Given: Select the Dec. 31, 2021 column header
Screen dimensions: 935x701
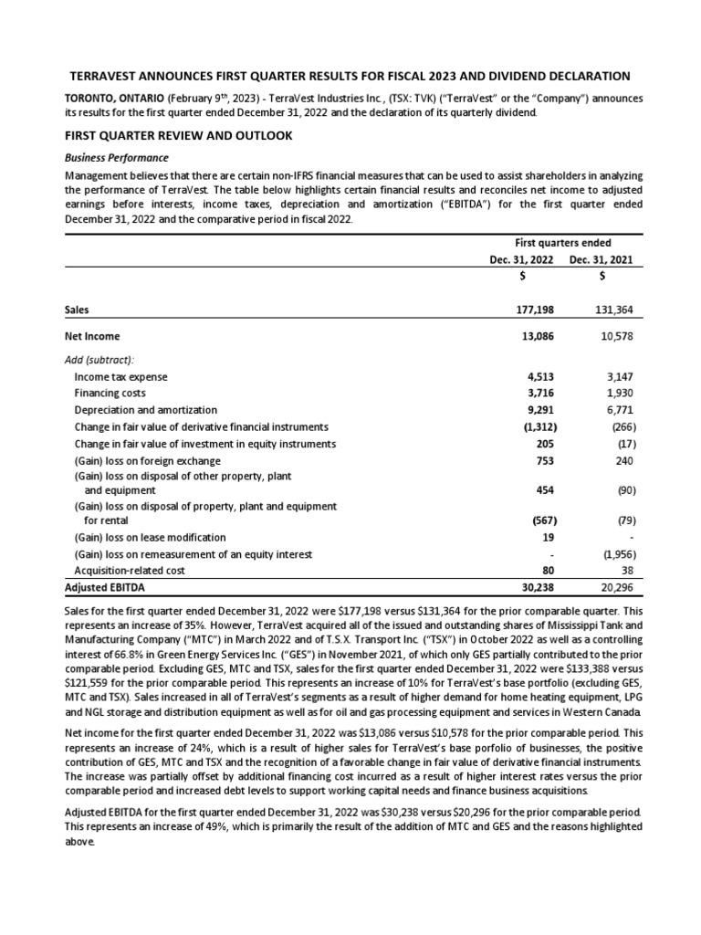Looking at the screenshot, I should (x=602, y=260).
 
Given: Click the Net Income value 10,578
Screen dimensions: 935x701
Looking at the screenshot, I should (x=616, y=336).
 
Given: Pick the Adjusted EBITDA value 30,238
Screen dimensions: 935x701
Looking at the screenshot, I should (x=539, y=587).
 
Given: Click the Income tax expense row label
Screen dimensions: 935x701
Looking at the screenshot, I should (x=120, y=376).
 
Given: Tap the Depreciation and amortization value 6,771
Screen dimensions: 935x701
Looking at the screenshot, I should (x=621, y=410).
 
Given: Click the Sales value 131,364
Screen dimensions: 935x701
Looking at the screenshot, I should (x=615, y=310).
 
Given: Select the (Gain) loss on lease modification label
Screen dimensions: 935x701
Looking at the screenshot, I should (x=150, y=537).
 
